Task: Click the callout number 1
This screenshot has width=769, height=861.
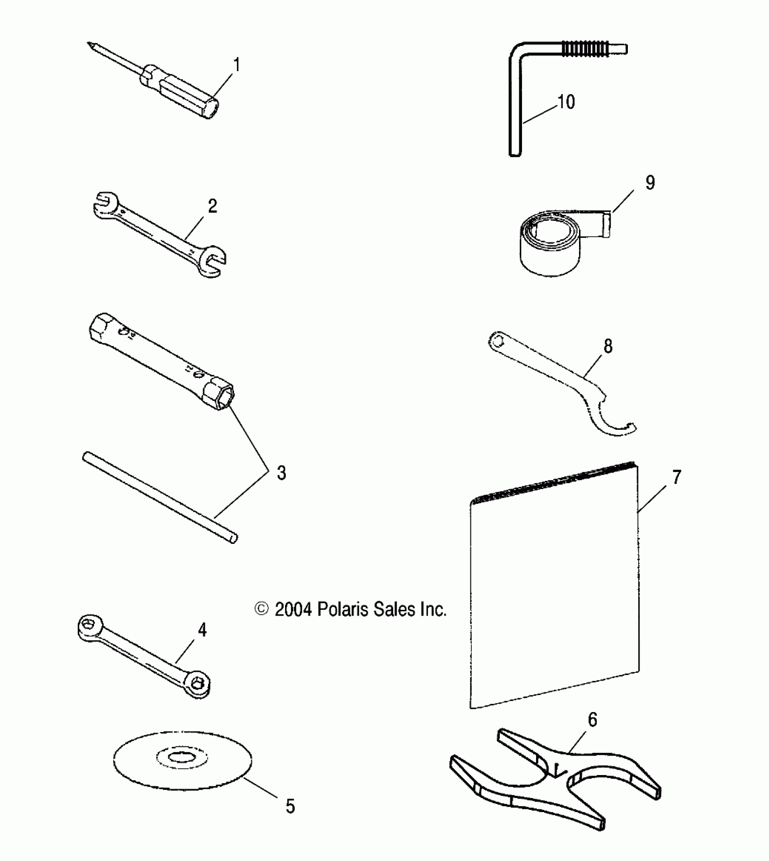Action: coord(236,65)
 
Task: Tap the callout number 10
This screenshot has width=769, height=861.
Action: coord(566,102)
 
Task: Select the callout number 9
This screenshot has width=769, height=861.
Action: coord(650,182)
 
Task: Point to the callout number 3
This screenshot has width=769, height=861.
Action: coord(281,473)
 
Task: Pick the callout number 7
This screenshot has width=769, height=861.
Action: coord(677,477)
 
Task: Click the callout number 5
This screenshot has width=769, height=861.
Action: coord(290,806)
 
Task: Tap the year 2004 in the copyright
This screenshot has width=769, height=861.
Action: coord(293,609)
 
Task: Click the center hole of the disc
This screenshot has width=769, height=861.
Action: coord(181,757)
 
